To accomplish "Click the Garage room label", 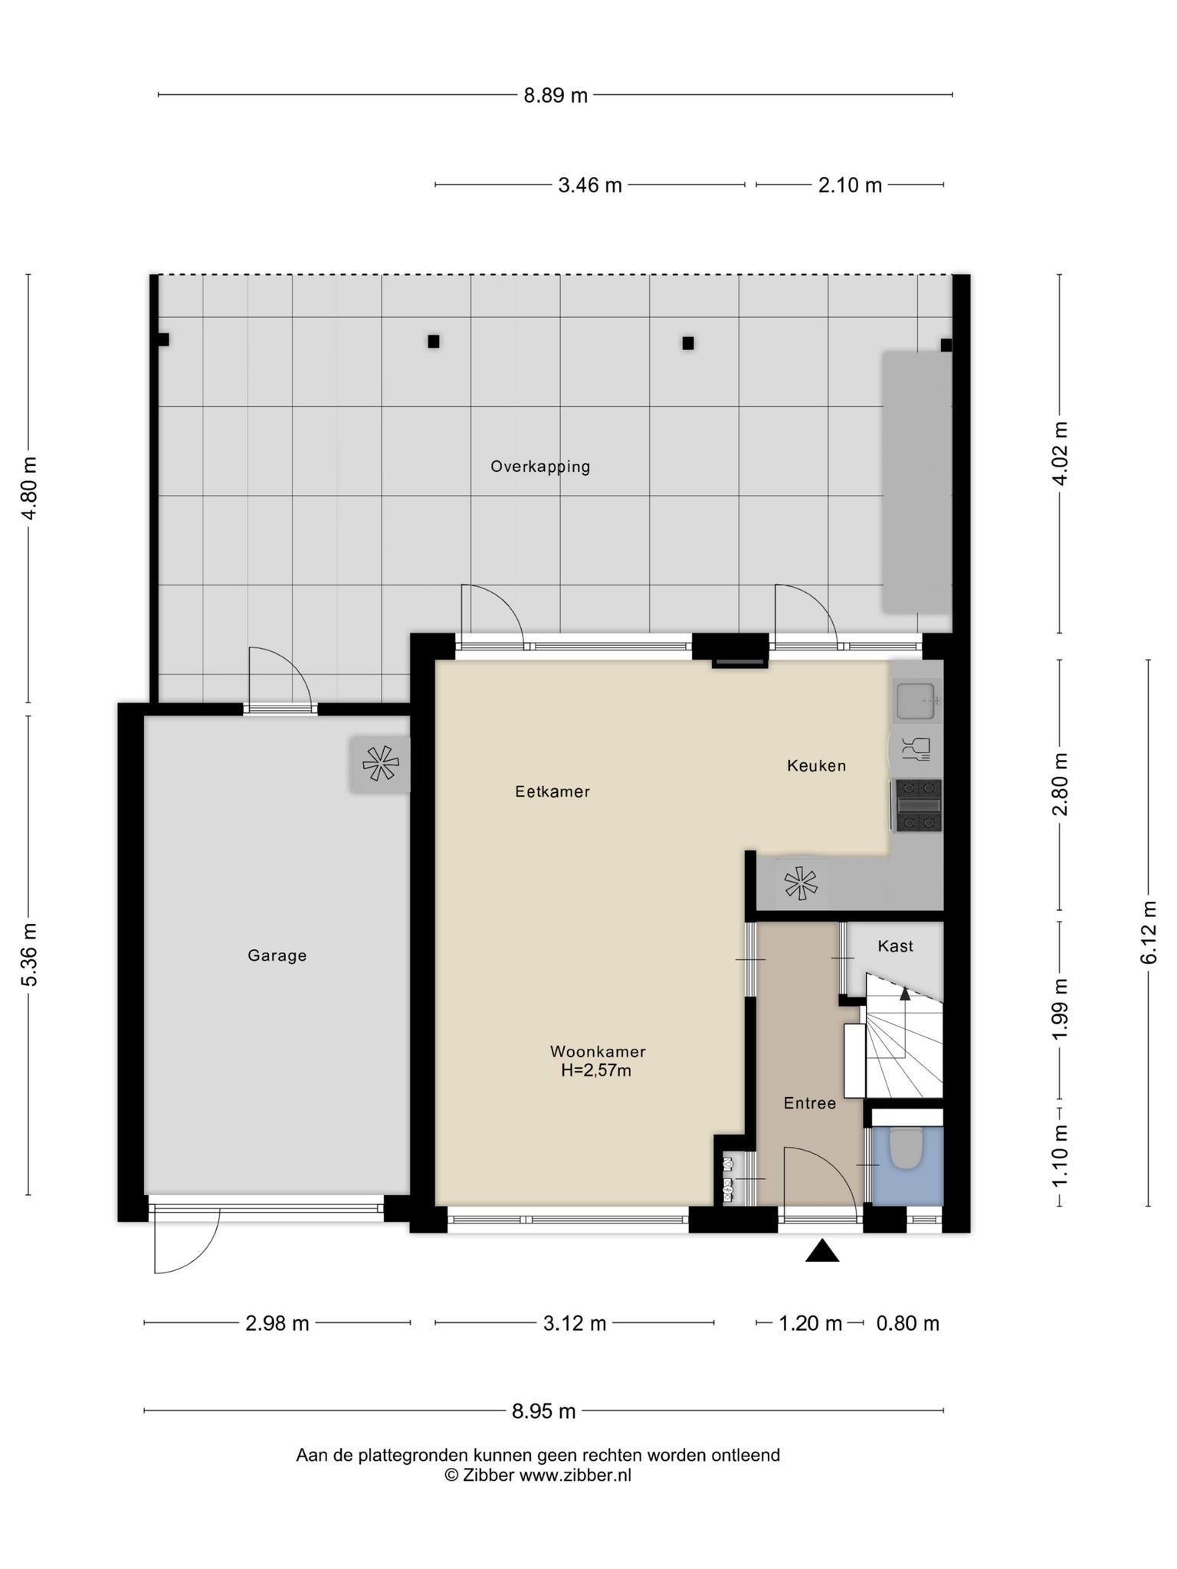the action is point(277,955).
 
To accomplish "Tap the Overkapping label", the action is point(540,467).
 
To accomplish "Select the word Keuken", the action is point(816,765).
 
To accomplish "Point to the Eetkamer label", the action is point(552,791).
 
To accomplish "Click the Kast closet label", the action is point(895,946).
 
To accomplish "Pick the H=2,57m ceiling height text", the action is point(595,1070).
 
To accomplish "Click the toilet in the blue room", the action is point(907,1149).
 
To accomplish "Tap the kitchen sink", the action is point(917,700).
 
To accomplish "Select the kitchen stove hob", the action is point(918,805).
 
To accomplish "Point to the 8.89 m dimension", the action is point(556,95).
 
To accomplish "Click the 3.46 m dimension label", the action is point(590,185).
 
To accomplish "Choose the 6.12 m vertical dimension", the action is point(1148,932).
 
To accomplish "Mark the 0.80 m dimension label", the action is point(908,1323).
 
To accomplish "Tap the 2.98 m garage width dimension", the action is point(277,1323).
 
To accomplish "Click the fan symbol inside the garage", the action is point(380,764).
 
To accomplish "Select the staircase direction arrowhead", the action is point(905,994).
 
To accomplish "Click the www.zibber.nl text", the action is point(575,1475).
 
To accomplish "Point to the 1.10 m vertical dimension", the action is point(1060,1156).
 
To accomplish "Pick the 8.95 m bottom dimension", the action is point(544,1410).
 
